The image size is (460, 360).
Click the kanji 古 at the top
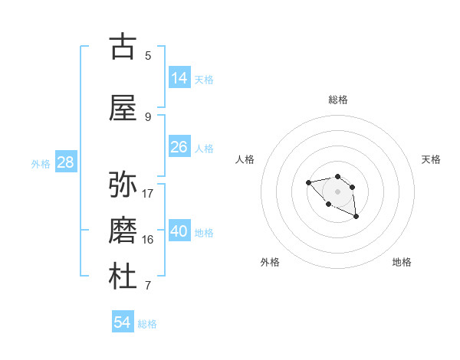(x=123, y=47)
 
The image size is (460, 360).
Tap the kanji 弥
(x=123, y=185)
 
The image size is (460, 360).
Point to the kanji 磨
(x=123, y=230)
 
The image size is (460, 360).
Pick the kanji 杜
(x=123, y=277)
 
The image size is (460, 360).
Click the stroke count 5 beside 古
(x=148, y=56)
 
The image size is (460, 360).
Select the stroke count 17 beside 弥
(x=148, y=193)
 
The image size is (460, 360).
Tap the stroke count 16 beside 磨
(x=148, y=240)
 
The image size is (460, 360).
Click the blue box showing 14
(x=179, y=78)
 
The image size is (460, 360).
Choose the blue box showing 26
(x=179, y=147)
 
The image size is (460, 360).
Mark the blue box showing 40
(x=179, y=231)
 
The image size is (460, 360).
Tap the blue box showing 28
(x=65, y=162)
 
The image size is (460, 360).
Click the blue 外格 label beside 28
(x=41, y=163)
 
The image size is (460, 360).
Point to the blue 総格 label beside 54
(x=147, y=324)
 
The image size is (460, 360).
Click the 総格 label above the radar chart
(x=338, y=100)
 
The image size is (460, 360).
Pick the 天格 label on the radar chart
(x=431, y=159)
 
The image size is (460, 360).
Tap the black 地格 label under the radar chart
(x=402, y=262)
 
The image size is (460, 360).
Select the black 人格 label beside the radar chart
(x=245, y=159)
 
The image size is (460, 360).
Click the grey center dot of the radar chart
(x=337, y=191)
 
